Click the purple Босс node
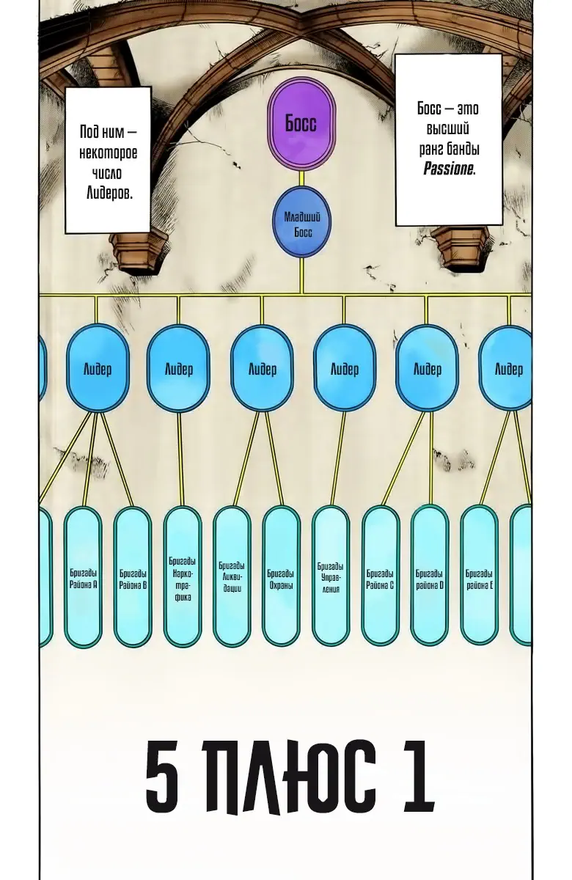(301, 122)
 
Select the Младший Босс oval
(301, 222)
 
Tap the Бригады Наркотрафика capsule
(182, 576)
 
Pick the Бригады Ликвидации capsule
(232, 576)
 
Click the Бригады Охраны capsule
(281, 576)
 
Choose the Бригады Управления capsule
(331, 576)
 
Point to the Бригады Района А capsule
(83, 576)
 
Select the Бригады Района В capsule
(133, 576)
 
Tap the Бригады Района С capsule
(380, 576)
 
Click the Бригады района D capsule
(430, 576)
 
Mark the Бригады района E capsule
(479, 576)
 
